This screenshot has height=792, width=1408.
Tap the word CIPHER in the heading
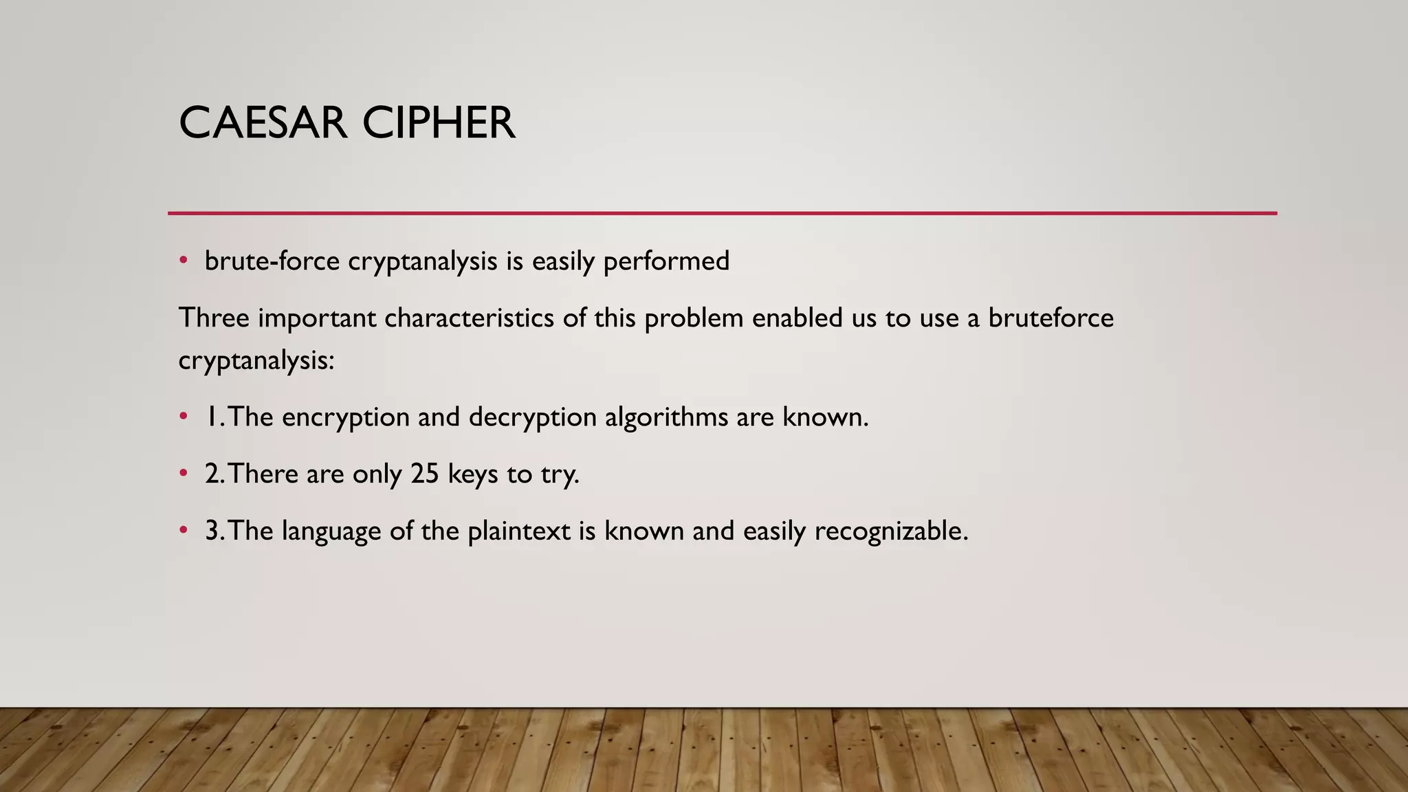pos(439,124)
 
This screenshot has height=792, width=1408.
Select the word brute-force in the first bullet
pos(272,261)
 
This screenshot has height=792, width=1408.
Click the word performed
pos(666,262)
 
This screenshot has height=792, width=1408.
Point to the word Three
pos(214,318)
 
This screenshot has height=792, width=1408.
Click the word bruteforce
pos(1050,318)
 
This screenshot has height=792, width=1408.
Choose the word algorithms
pos(666,417)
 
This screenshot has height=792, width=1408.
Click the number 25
pos(425,474)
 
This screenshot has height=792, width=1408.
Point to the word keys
pos(473,474)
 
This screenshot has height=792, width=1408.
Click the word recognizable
pos(891,531)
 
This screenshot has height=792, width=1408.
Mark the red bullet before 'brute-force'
pos(183,261)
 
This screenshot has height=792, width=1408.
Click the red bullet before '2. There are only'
pos(183,473)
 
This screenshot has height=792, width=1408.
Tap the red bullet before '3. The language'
pos(183,530)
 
